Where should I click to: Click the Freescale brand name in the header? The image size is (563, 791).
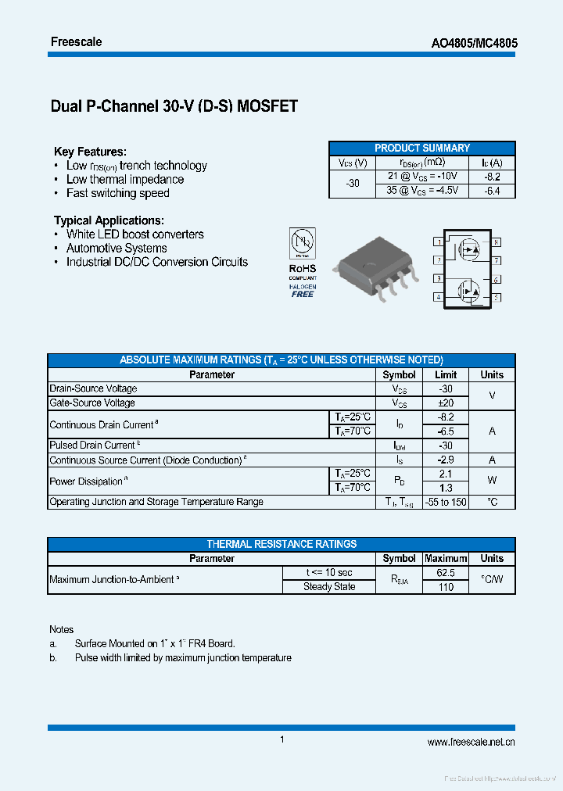pos(76,41)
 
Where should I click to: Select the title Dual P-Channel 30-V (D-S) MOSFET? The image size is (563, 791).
pos(174,106)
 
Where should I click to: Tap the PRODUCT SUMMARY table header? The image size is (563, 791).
pos(422,148)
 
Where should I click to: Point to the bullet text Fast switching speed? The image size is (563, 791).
pos(117,193)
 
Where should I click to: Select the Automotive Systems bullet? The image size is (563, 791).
pos(117,248)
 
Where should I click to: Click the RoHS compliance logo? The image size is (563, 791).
pos(303,262)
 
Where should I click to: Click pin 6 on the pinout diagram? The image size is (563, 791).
pos(496,279)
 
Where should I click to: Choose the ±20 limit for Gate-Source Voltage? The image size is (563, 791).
pos(446,403)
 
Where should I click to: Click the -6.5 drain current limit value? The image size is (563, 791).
pos(446,431)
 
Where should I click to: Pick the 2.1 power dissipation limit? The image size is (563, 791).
pos(446,474)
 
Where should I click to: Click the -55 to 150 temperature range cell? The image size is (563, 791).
pos(446,502)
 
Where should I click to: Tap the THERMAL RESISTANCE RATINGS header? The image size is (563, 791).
pos(281,544)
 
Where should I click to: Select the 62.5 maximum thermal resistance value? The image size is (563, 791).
pos(446,573)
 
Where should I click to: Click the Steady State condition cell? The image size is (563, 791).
pos(329,586)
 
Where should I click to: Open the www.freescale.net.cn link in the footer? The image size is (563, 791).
pos(471,743)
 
